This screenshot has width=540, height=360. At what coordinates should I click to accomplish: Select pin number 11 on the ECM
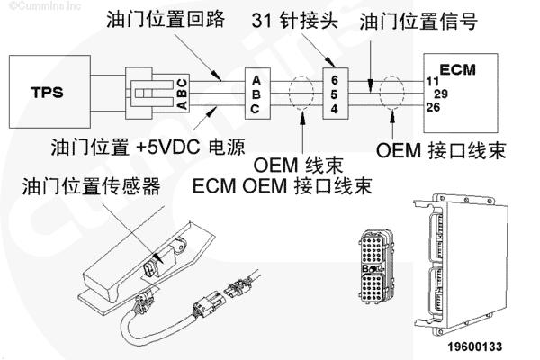pos(432,81)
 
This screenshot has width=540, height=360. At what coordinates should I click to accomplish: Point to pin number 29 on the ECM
pos(441,94)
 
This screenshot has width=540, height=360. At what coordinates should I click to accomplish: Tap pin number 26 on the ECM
pos(433,107)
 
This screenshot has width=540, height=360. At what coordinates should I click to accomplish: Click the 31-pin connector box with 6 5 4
pos(334,93)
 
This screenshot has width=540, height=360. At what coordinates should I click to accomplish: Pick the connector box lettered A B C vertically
pos(256,93)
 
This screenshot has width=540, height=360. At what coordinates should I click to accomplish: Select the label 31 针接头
pos(307,19)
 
